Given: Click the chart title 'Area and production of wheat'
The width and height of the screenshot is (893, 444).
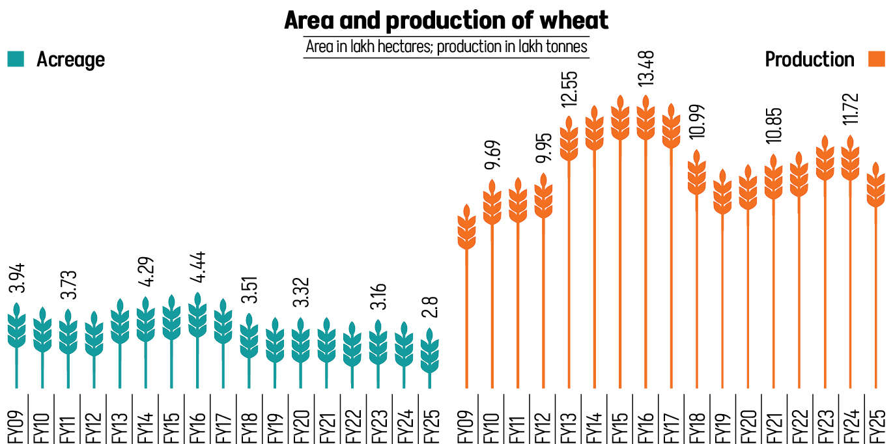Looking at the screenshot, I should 446,21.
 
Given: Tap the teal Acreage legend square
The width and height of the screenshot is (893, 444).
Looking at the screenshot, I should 16,59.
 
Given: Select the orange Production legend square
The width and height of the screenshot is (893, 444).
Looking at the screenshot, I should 877,59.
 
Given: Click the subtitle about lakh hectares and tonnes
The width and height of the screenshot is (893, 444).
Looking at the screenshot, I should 446,47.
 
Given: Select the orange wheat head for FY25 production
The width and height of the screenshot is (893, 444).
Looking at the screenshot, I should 876,185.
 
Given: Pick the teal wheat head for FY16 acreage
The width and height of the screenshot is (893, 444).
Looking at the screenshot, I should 197,314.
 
